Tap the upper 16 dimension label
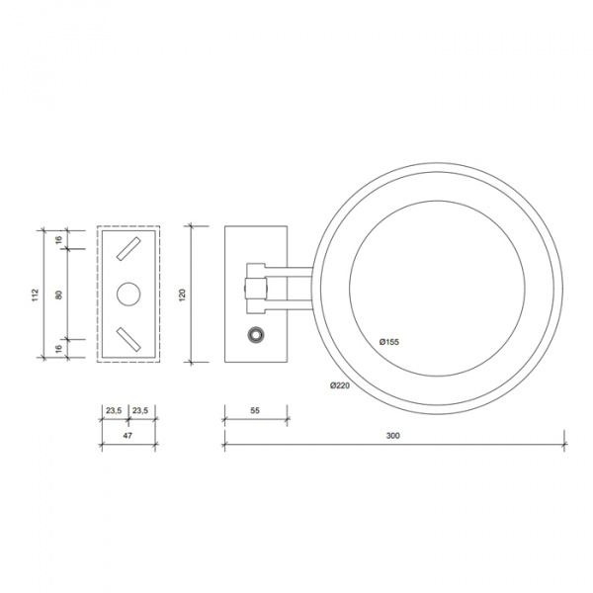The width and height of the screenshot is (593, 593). click(60, 239)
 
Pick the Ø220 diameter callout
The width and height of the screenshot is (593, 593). click(340, 386)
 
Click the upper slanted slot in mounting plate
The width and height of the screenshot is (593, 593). click(128, 250)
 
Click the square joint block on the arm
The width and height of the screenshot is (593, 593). click(255, 287)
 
